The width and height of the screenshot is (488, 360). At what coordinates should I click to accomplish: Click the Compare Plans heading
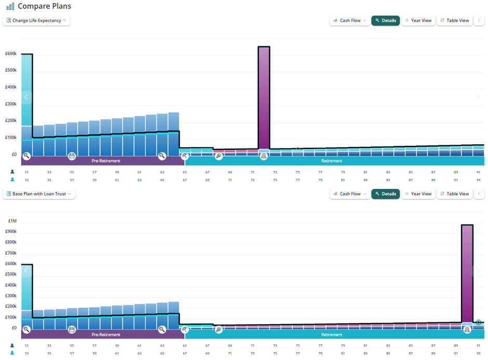(44, 6)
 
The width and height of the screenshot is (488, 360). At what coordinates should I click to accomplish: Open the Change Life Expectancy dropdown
(36, 21)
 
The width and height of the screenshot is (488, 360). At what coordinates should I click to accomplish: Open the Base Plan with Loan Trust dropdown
(39, 194)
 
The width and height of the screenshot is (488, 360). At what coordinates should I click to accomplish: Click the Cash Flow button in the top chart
(350, 21)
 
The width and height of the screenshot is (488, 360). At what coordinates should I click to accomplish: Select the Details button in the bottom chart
(386, 194)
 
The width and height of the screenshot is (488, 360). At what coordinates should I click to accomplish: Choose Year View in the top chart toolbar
(418, 21)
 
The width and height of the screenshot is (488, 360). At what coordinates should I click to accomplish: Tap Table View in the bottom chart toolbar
(454, 194)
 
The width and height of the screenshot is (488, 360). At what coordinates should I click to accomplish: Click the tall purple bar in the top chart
(264, 98)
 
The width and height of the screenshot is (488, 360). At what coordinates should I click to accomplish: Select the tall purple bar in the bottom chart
(467, 273)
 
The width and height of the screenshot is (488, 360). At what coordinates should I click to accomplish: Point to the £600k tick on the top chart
(11, 53)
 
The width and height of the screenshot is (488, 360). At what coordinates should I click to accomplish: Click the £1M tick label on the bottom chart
(12, 221)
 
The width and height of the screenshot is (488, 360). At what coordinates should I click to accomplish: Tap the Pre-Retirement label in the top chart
(106, 161)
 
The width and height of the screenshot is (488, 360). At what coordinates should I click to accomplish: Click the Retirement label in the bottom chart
(332, 335)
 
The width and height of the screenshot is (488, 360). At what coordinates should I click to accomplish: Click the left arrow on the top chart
(26, 98)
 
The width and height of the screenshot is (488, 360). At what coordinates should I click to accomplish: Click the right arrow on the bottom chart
(478, 271)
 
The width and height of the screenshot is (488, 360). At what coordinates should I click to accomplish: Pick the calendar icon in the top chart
(72, 156)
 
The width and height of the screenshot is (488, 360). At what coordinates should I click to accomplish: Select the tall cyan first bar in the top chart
(27, 90)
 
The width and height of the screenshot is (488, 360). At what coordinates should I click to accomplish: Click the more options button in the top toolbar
(479, 21)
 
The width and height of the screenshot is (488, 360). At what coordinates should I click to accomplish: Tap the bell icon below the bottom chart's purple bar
(467, 329)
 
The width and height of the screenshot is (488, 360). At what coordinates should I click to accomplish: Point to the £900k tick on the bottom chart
(11, 231)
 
